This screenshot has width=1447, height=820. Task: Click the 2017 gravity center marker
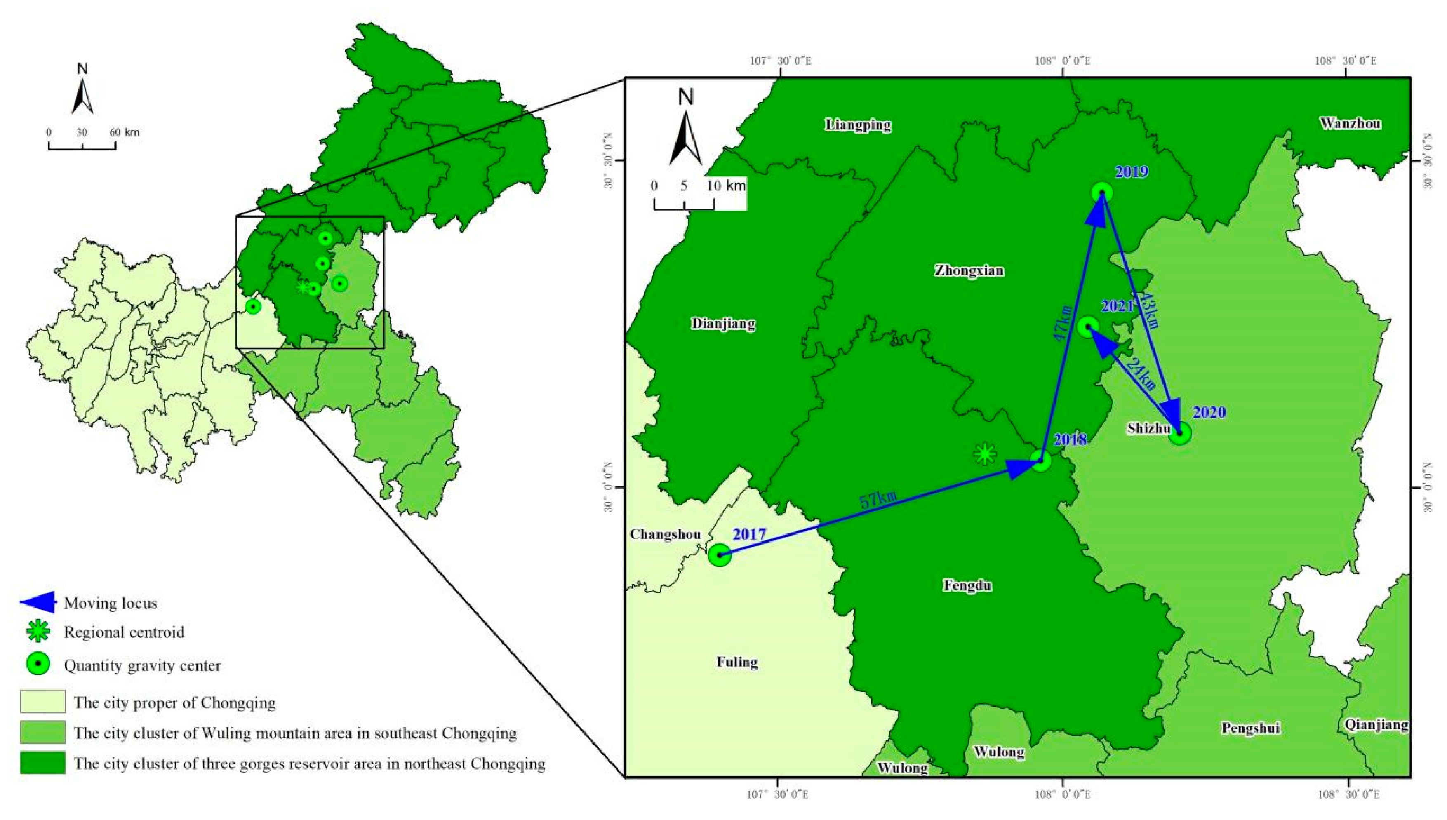click(x=719, y=555)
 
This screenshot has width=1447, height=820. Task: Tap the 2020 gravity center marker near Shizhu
click(x=1180, y=434)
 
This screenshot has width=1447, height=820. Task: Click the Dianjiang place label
click(x=723, y=324)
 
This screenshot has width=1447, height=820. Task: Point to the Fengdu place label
click(x=967, y=586)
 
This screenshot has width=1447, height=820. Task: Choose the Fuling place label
click(x=737, y=662)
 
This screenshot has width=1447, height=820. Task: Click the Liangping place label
click(x=859, y=125)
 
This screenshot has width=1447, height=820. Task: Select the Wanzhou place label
click(x=1350, y=123)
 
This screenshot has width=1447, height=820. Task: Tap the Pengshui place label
click(x=1250, y=728)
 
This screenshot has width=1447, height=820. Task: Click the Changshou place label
click(x=665, y=534)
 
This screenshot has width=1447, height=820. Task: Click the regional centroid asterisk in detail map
click(x=985, y=453)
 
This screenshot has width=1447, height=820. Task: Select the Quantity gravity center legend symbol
click(x=38, y=665)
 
